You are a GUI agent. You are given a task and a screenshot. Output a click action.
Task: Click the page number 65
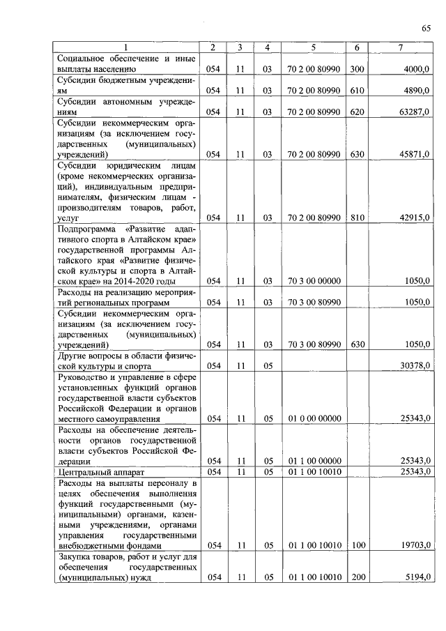click(426, 28)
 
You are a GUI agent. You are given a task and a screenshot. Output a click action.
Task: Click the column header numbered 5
click(313, 47)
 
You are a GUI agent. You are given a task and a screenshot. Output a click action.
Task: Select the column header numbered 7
click(399, 47)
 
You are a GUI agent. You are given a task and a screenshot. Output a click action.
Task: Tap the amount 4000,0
click(417, 70)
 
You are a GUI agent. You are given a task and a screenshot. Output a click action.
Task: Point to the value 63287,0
click(415, 112)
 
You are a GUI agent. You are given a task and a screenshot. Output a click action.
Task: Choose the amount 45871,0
click(415, 154)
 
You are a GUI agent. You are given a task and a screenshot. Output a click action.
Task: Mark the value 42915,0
click(415, 218)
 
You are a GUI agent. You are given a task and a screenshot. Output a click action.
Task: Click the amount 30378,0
click(415, 365)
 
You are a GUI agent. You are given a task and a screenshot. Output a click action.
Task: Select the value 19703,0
click(415, 545)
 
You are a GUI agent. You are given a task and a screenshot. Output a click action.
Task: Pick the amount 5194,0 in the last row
click(417, 577)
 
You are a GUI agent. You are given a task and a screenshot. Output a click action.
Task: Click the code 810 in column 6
click(357, 218)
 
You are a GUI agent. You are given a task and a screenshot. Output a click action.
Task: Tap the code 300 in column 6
click(357, 70)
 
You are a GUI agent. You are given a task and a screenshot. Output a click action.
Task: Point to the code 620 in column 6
click(357, 112)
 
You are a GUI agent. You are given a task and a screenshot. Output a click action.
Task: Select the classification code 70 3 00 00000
click(313, 281)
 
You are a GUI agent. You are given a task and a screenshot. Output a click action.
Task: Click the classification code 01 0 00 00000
click(313, 418)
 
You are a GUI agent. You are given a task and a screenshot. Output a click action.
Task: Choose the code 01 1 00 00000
click(313, 460)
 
